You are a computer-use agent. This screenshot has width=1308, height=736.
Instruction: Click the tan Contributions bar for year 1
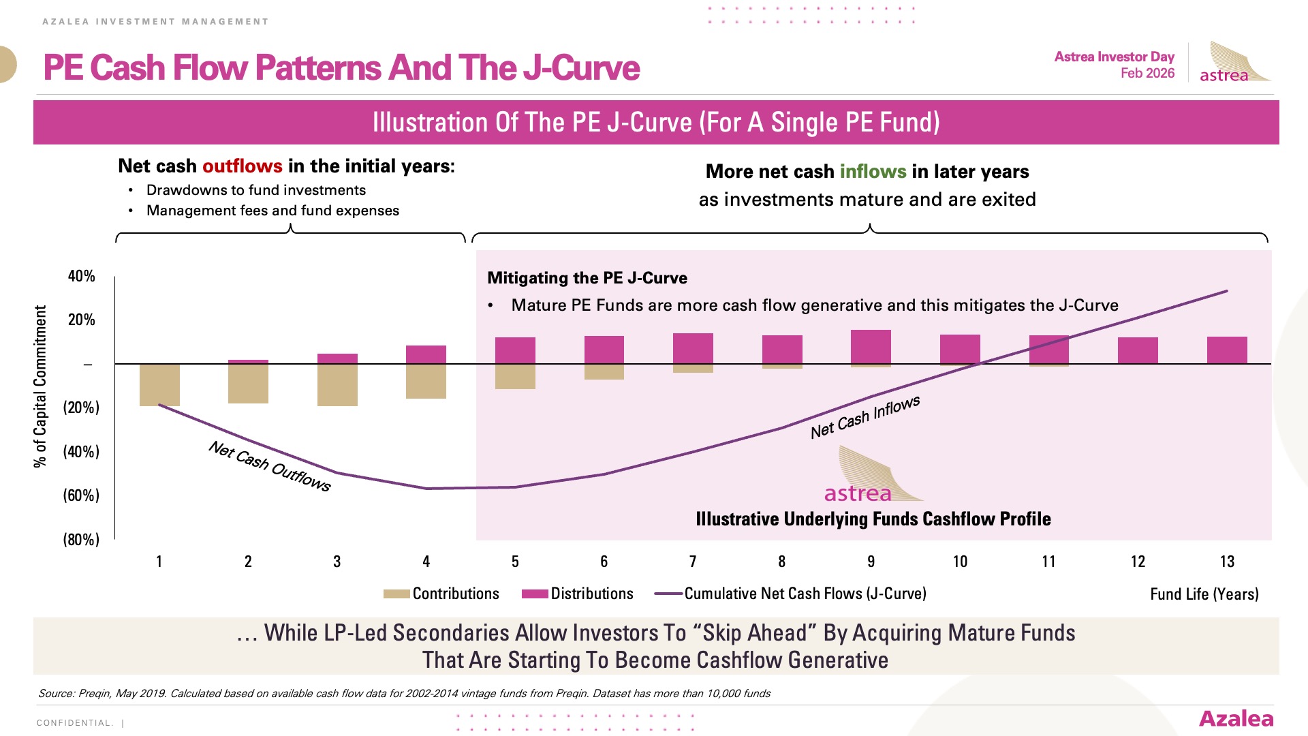pos(159,385)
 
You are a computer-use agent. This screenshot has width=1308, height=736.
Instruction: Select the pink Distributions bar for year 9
pos(871,347)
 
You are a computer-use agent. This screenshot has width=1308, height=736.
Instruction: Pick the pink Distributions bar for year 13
pos(1227,350)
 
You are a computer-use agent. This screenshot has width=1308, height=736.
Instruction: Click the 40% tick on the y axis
pos(81,276)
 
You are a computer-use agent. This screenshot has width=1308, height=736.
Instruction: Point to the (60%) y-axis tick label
pos(81,495)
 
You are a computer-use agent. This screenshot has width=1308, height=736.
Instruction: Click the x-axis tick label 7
pos(693,562)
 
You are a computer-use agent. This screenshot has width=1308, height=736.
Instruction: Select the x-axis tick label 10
pos(960,562)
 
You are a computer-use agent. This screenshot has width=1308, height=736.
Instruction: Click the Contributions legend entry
pos(441,594)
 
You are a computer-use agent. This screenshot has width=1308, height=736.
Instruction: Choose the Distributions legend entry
pos(578,594)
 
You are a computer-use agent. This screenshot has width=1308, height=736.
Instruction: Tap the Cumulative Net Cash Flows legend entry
pos(790,594)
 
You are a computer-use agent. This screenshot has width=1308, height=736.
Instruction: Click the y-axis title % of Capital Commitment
pos(40,386)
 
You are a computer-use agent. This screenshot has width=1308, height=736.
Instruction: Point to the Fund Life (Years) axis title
pos(1204,594)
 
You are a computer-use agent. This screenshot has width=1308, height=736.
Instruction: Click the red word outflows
pos(242,166)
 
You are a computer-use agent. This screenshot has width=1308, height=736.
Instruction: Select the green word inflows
pos(873,171)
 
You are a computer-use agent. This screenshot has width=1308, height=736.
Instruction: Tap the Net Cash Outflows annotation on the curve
pos(270,466)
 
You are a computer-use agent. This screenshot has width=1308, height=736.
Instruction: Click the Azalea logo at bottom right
pos(1236,719)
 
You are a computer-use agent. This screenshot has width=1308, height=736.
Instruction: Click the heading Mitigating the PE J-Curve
pos(587,278)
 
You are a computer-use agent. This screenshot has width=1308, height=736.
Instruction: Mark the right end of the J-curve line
pos(1227,291)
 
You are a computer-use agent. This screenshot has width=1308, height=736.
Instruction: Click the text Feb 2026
pos(1147,73)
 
